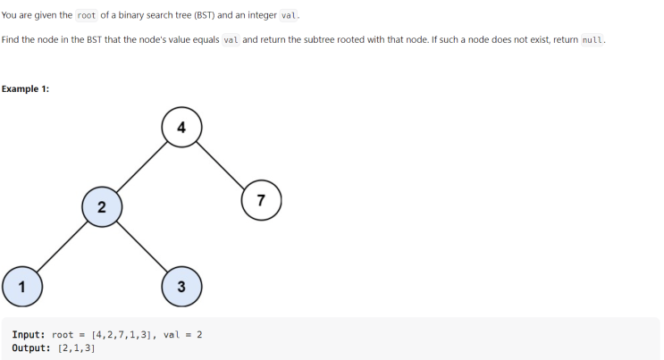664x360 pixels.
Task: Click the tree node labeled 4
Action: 181,128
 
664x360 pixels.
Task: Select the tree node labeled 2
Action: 101,207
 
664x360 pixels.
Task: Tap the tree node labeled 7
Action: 261,199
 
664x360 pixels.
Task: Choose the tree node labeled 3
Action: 181,286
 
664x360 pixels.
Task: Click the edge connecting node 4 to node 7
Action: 221,163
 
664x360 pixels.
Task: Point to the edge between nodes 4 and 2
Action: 141,168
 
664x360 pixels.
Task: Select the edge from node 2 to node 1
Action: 61,247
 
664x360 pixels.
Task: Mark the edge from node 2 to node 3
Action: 141,247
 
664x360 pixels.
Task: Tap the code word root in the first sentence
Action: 87,15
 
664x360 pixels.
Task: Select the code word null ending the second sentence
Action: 593,40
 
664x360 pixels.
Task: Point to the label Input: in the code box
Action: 30,335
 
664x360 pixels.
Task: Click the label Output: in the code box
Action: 33,348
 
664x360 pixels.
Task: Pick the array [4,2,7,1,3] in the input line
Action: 122,335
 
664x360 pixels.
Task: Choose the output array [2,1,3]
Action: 76,348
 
